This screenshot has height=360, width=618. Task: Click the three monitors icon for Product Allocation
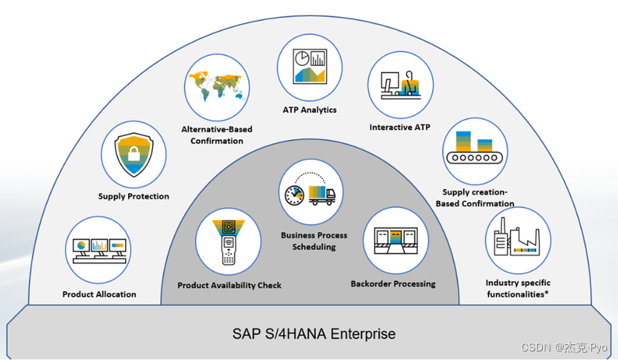[99, 250]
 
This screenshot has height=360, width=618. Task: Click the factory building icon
[517, 240]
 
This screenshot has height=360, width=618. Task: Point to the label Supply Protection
[134, 196]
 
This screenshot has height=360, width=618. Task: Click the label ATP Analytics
[309, 110]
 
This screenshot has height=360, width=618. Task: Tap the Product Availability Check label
[229, 286]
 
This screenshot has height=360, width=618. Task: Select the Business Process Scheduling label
[314, 241]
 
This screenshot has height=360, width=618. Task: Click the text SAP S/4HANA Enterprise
[314, 334]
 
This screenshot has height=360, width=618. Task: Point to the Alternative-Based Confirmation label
[216, 135]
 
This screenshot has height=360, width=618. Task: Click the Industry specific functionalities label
[518, 289]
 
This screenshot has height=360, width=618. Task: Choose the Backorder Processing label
[393, 284]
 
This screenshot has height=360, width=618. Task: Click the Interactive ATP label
[400, 127]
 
